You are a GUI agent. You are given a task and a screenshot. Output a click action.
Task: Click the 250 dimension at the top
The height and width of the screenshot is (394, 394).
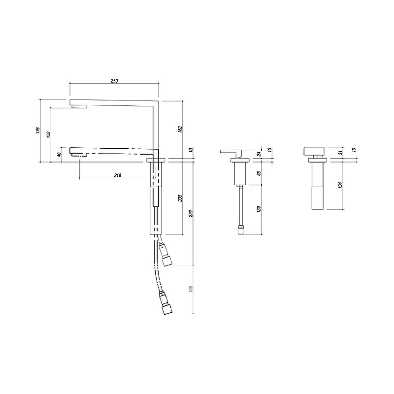click(114, 81)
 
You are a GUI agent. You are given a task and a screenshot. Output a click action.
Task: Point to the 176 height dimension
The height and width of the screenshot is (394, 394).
click(38, 130)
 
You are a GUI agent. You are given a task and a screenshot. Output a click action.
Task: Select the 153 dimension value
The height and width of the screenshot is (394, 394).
click(49, 134)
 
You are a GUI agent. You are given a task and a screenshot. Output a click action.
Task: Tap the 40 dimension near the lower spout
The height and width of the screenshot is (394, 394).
click(59, 154)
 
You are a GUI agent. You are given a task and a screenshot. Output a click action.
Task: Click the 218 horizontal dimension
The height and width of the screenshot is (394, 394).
click(118, 175)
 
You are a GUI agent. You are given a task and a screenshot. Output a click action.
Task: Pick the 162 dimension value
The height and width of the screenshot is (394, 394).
click(180, 129)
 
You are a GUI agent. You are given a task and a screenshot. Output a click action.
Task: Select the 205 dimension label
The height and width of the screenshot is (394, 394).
click(180, 198)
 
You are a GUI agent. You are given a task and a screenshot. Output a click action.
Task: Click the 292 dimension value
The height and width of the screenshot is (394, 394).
click(191, 213)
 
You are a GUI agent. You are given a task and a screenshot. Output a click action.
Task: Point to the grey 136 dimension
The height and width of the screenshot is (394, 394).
click(191, 289)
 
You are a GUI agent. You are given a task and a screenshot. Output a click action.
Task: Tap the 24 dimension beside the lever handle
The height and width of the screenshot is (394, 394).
click(260, 153)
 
